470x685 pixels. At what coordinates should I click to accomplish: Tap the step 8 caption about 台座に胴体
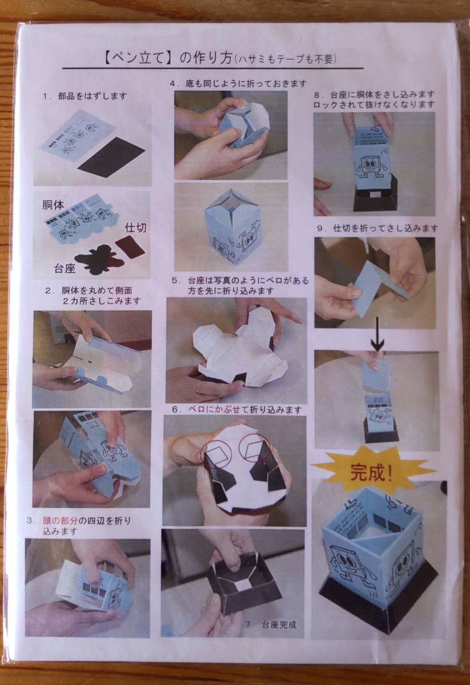(374, 99)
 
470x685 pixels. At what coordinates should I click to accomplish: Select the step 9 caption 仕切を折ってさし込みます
(380, 228)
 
